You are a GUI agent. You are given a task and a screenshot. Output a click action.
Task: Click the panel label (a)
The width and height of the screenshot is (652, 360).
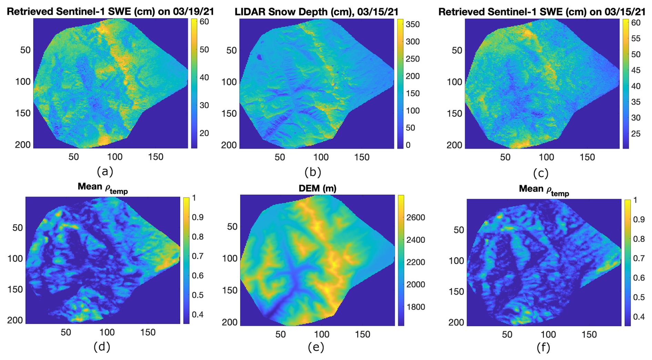tap(105, 171)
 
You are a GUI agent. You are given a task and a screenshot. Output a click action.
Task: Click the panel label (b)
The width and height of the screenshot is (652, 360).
tap(313, 172)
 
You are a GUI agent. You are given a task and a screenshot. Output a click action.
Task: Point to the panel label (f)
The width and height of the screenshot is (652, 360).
tap(543, 347)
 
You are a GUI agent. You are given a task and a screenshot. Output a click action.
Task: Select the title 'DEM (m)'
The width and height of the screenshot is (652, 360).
tap(317, 188)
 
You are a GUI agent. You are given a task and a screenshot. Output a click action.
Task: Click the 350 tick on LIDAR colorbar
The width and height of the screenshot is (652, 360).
tap(412, 24)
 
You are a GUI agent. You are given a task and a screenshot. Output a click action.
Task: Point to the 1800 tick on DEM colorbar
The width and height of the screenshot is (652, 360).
tap(416, 307)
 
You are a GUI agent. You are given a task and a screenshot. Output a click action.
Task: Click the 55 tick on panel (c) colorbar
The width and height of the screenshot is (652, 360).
tap(635, 39)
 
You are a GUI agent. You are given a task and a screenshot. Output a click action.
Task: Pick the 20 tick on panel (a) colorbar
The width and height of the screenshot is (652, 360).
tap(204, 133)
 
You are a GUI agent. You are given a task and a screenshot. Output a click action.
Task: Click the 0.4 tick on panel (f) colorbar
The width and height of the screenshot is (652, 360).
tap(639, 317)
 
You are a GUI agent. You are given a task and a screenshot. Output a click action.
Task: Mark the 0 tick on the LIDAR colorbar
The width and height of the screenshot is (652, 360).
tap(408, 145)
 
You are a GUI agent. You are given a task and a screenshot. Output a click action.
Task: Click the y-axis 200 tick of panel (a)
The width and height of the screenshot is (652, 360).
tap(23, 144)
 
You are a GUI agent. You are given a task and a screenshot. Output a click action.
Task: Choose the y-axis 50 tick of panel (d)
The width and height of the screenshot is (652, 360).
tap(18, 228)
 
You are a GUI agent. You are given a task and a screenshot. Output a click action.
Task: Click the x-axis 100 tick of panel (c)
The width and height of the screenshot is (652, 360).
tap(547, 157)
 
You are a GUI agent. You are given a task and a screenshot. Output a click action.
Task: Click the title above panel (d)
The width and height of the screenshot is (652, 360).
tap(103, 188)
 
